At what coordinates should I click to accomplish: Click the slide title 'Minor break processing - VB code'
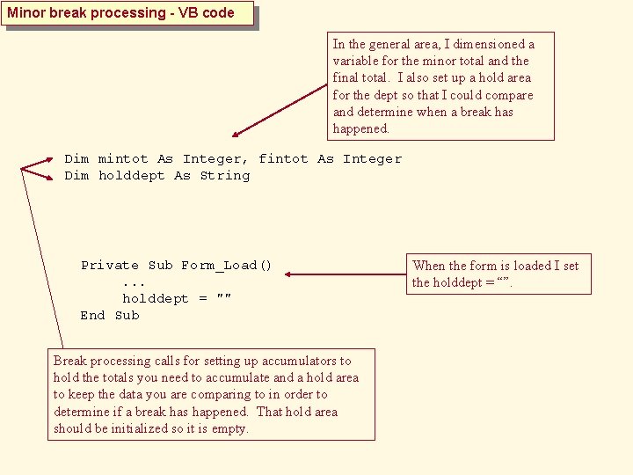(x=121, y=13)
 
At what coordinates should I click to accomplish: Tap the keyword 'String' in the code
(x=225, y=176)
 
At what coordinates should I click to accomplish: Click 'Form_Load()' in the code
(x=227, y=266)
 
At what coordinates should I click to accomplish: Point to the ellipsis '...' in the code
(x=135, y=282)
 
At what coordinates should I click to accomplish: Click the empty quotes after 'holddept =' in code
(x=223, y=299)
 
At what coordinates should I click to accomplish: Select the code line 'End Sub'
(x=110, y=316)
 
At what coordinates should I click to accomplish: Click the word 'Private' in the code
(x=110, y=266)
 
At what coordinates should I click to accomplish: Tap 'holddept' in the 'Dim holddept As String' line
(x=132, y=176)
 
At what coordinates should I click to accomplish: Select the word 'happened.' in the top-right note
(x=360, y=128)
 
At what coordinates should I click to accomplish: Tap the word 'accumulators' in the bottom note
(x=299, y=361)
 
